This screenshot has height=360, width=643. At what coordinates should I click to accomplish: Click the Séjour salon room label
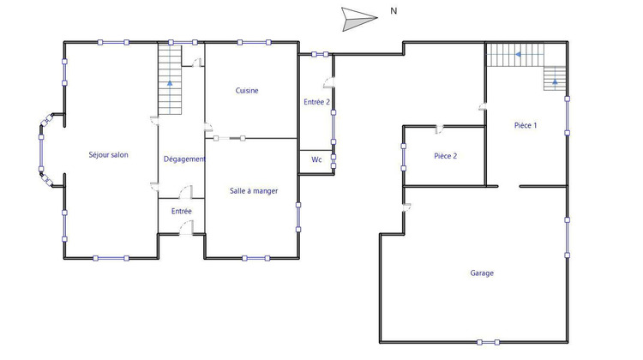tap(108, 155)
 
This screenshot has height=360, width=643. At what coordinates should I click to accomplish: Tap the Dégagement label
tap(184, 159)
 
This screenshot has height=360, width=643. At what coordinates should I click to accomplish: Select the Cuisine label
tap(247, 91)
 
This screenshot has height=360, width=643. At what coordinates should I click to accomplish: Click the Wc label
tap(315, 159)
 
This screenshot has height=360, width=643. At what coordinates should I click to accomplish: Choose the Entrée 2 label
tap(316, 102)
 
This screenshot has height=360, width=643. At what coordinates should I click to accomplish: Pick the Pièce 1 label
tap(526, 125)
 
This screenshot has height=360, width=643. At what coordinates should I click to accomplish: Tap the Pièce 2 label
tap(445, 156)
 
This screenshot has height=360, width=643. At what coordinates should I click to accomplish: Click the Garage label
tap(482, 273)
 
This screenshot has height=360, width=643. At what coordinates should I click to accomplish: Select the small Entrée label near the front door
tap(181, 211)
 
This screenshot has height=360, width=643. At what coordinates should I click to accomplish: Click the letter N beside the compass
tap(394, 11)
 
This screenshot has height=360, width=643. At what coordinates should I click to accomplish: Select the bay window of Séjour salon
tap(43, 154)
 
